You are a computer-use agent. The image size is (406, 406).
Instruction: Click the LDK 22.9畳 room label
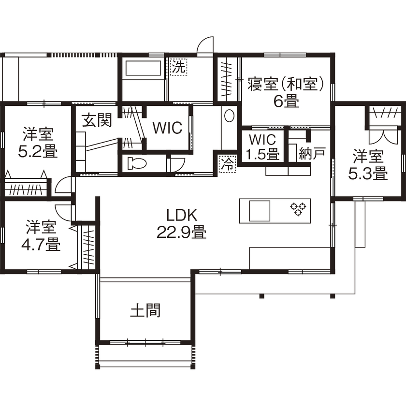click(x=181, y=224)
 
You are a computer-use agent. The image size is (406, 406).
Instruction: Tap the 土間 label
click(x=145, y=310)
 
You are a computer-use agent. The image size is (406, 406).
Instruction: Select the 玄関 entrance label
click(x=97, y=120)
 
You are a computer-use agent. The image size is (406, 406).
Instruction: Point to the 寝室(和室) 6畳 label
click(x=285, y=92)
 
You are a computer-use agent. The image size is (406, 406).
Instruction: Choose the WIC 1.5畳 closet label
click(x=262, y=147)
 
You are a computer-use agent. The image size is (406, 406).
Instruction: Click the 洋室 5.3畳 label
click(x=368, y=165)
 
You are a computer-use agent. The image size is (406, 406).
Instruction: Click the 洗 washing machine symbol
click(x=178, y=67)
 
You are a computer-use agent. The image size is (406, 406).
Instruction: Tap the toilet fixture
click(x=137, y=163)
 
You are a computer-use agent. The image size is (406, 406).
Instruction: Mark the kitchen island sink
click(x=260, y=211)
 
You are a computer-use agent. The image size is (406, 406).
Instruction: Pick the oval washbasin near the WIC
click(x=229, y=116)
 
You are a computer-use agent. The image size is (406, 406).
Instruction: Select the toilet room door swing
click(x=177, y=164)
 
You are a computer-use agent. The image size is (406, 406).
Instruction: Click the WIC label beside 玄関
click(x=167, y=128)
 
